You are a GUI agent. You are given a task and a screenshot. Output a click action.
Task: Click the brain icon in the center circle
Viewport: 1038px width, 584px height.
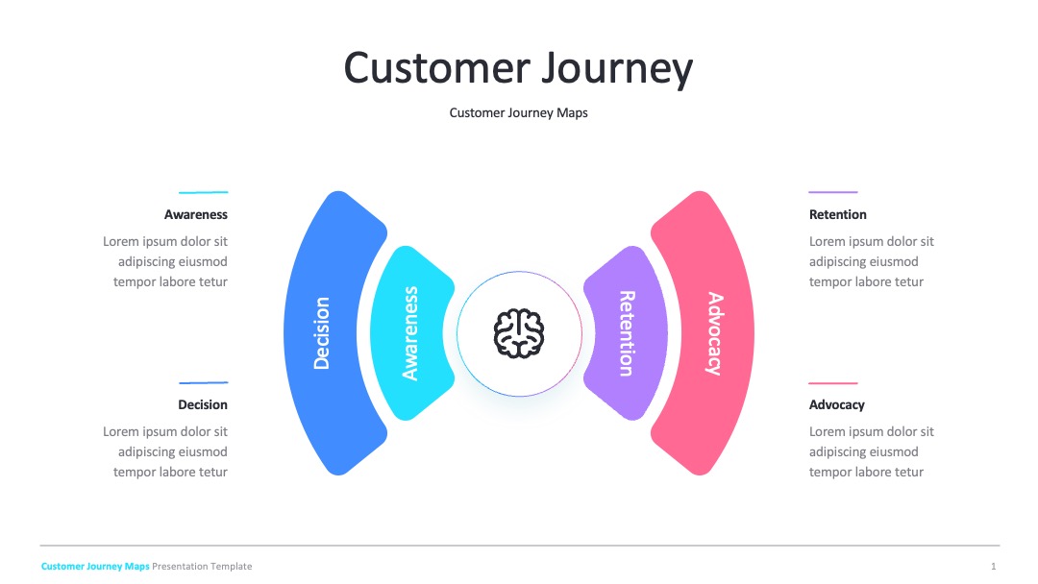click(519, 333)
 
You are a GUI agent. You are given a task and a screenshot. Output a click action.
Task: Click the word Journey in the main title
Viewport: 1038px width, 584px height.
click(617, 69)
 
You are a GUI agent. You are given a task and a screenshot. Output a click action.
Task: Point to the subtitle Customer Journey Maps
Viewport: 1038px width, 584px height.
click(518, 113)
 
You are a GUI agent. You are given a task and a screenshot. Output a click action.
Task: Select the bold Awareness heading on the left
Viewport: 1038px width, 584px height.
click(196, 214)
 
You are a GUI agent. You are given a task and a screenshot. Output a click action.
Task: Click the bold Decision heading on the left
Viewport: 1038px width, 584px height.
click(203, 404)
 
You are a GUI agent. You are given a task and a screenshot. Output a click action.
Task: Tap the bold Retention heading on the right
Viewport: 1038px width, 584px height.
click(837, 214)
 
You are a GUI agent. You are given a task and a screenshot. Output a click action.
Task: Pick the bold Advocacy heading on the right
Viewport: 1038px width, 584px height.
click(837, 404)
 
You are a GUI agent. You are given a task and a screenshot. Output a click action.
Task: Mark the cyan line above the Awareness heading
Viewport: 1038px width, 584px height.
click(203, 192)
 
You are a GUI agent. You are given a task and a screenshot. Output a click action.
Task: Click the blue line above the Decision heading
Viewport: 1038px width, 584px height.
click(203, 382)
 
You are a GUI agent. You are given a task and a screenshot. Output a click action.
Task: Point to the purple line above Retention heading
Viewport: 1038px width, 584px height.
click(832, 192)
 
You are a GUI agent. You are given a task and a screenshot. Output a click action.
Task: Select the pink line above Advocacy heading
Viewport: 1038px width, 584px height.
click(832, 383)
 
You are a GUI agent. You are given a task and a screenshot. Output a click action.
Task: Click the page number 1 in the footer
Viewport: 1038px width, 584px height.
click(993, 566)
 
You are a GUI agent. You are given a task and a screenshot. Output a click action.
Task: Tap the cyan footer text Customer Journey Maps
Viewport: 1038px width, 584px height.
click(95, 566)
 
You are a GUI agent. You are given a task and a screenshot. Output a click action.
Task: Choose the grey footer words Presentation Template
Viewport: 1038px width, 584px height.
click(202, 566)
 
